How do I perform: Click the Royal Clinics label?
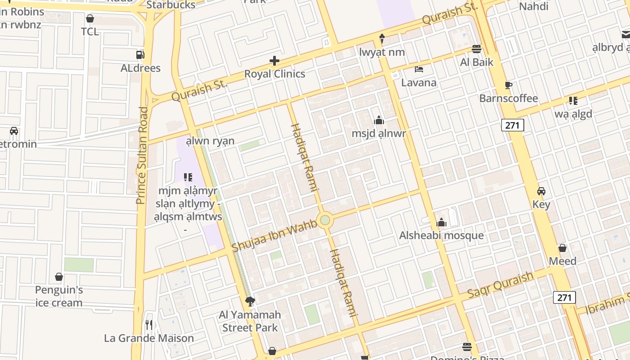pyautogui.click(x=274, y=74)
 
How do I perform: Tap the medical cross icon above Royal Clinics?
pyautogui.click(x=274, y=61)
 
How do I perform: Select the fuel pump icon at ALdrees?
pyautogui.click(x=140, y=55)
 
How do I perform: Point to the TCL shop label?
pyautogui.click(x=90, y=31)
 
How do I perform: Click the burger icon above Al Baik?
pyautogui.click(x=477, y=49)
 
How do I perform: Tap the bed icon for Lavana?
pyautogui.click(x=419, y=69)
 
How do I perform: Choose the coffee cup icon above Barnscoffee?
pyautogui.click(x=508, y=85)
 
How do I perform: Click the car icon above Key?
pyautogui.click(x=541, y=191)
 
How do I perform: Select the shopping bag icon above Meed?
pyautogui.click(x=562, y=248)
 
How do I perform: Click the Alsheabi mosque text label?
pyautogui.click(x=441, y=235)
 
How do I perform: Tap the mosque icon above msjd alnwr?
pyautogui.click(x=379, y=120)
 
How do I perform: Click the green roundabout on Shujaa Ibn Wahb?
pyautogui.click(x=325, y=220)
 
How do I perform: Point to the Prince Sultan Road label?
pyautogui.click(x=142, y=155)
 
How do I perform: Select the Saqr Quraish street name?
pyautogui.click(x=500, y=285)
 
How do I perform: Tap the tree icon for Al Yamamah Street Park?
pyautogui.click(x=250, y=301)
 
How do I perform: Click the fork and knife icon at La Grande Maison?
pyautogui.click(x=149, y=324)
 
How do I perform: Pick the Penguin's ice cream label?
pyautogui.click(x=59, y=296)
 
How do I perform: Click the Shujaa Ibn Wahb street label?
pyautogui.click(x=274, y=237)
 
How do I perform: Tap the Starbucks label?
pyautogui.click(x=171, y=5)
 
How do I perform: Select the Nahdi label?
pyautogui.click(x=534, y=6)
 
